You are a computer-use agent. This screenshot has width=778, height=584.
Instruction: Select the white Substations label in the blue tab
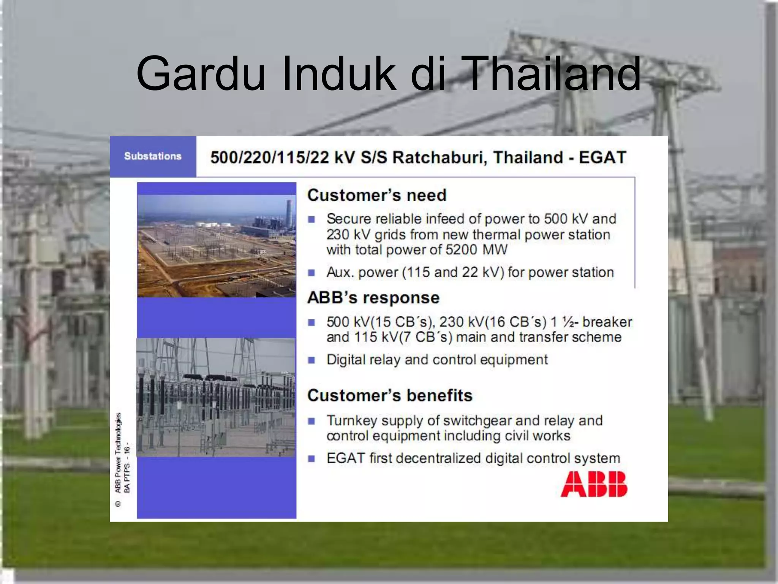pos(153,156)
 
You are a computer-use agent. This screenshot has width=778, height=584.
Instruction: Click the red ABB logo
pos(594,484)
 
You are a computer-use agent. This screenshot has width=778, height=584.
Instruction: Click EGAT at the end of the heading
pos(602,157)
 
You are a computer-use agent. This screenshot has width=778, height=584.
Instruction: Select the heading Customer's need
pos(376,195)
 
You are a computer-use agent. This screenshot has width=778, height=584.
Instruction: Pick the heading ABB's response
pos(373,298)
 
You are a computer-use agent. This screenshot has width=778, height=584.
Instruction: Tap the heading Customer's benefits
pos(390,396)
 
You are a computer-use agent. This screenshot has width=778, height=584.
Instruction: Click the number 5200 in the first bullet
pos(461,250)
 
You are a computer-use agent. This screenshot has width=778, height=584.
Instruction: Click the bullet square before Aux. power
pos(312,273)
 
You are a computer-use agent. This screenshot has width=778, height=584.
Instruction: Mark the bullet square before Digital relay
pos(312,360)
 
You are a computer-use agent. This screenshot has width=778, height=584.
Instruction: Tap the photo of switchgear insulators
pos(216,397)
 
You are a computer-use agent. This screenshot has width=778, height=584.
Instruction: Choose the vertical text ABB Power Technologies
pos(118,452)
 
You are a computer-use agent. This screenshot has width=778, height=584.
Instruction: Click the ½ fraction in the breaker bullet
pos(568,322)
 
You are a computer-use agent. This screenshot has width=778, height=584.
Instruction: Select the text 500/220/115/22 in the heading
pos(269,157)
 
